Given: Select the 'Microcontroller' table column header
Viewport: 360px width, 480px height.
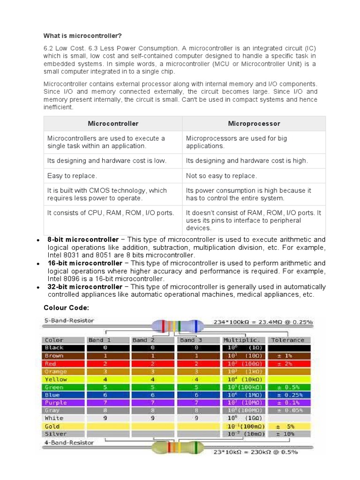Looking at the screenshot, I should tap(113, 124).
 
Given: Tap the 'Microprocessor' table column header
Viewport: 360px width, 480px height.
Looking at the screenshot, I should tap(254, 124).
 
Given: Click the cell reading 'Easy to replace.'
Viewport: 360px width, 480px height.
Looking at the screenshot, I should tap(72, 176).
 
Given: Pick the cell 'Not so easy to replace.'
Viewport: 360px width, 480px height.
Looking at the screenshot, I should tap(221, 176).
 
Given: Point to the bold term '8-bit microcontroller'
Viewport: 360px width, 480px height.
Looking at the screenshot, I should tap(83, 240).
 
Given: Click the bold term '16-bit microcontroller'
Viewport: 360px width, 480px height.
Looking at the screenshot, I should tap(85, 263).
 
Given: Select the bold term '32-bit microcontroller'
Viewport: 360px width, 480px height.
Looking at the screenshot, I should tap(85, 287).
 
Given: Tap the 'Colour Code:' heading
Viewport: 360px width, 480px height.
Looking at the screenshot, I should tap(66, 307).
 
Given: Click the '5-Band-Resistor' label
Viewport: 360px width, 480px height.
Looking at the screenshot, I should tap(69, 321).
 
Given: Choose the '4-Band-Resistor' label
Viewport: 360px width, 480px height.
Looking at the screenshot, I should tap(69, 442).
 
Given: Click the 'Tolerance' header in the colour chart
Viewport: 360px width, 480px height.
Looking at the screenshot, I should tap(287, 340).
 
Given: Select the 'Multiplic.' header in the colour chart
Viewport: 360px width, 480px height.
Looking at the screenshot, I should tap(241, 340).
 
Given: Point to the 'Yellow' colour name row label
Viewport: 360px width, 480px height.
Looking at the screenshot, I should tap(56, 379).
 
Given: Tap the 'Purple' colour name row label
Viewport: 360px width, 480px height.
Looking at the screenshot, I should tap(56, 403).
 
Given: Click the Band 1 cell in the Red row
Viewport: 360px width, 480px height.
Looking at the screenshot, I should tap(105, 363).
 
